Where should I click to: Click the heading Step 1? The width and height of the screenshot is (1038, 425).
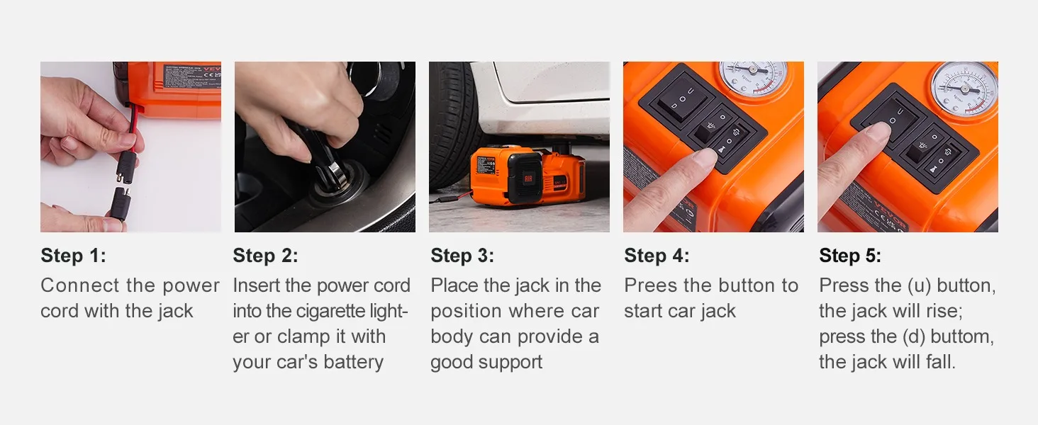tap(73, 256)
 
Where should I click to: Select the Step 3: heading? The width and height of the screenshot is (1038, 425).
tap(462, 256)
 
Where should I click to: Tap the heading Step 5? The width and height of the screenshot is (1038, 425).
tap(850, 256)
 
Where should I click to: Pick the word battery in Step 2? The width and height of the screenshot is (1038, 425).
tap(353, 362)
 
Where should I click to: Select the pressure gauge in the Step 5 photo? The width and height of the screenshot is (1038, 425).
tap(964, 89)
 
